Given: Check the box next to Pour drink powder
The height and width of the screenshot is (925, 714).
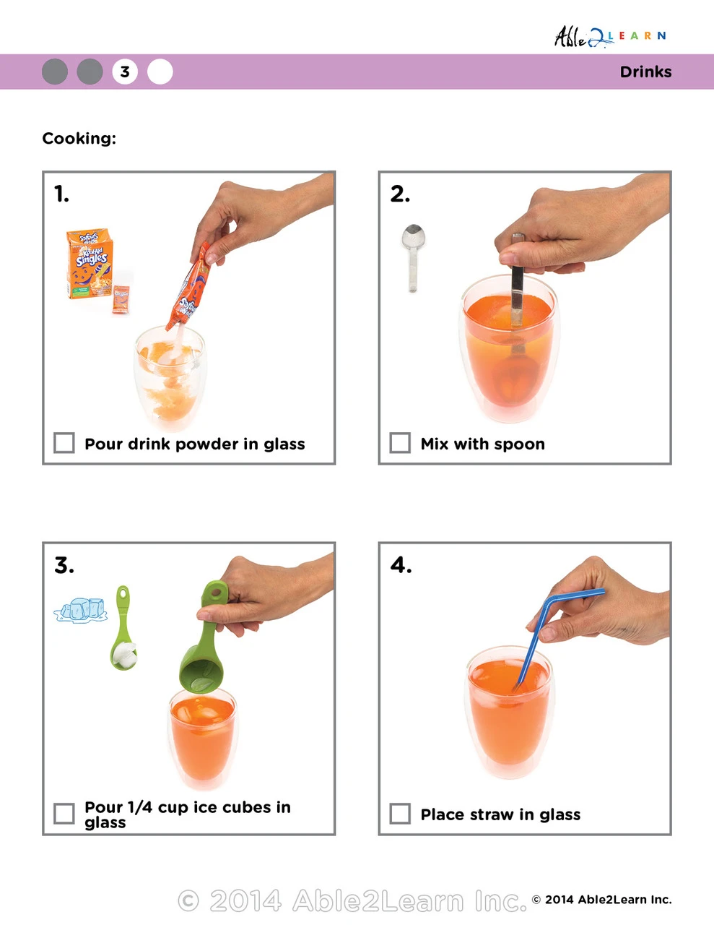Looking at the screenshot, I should (x=64, y=443).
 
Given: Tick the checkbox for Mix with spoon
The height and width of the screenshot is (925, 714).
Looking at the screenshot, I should (x=400, y=443).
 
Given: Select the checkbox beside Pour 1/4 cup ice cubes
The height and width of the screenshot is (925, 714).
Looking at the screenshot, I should (x=64, y=814).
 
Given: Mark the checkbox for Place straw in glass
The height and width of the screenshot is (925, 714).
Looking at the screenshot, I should (x=400, y=814).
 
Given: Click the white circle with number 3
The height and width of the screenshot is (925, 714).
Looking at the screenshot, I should (x=125, y=72).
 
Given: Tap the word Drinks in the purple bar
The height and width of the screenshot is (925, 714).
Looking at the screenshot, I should (x=645, y=72).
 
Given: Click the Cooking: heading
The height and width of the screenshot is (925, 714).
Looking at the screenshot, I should (x=79, y=138).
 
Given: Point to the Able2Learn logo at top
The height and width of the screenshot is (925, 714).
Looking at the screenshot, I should (x=609, y=36).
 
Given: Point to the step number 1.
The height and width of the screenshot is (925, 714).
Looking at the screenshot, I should (x=61, y=194).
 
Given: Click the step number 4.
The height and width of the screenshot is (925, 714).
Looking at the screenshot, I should (x=401, y=564).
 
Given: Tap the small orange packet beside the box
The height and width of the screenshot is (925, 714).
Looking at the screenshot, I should (x=121, y=299).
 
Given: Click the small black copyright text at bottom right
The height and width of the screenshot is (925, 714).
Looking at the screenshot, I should (x=601, y=900).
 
